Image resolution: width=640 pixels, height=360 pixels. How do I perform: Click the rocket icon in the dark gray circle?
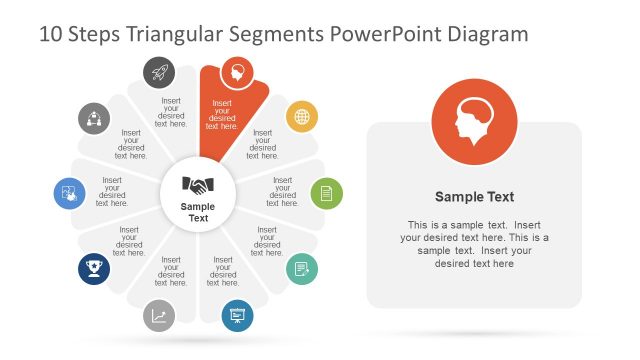point(161,71)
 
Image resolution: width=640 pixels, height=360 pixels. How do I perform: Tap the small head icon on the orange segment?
point(237,71)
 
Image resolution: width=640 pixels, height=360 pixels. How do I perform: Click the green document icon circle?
point(326,192)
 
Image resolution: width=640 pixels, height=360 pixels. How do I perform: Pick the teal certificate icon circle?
point(302,268)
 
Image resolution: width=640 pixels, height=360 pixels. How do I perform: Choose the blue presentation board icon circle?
point(237,316)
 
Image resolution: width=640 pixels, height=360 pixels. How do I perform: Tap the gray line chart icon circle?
point(160,316)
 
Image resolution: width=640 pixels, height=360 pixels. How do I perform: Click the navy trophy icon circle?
point(94,268)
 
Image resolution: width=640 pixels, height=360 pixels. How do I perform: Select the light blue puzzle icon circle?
point(69,192)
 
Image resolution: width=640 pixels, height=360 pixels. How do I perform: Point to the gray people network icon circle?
point(94,118)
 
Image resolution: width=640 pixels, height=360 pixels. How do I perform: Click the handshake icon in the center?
point(198,185)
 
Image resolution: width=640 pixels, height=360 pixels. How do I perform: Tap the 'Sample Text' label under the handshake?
point(198,212)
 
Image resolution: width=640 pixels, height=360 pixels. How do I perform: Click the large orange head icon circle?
point(475,119)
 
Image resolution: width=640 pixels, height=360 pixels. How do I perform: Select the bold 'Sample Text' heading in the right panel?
point(474,197)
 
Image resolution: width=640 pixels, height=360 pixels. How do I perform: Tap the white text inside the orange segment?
point(222,114)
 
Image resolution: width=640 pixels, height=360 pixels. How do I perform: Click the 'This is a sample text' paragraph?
point(474,244)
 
